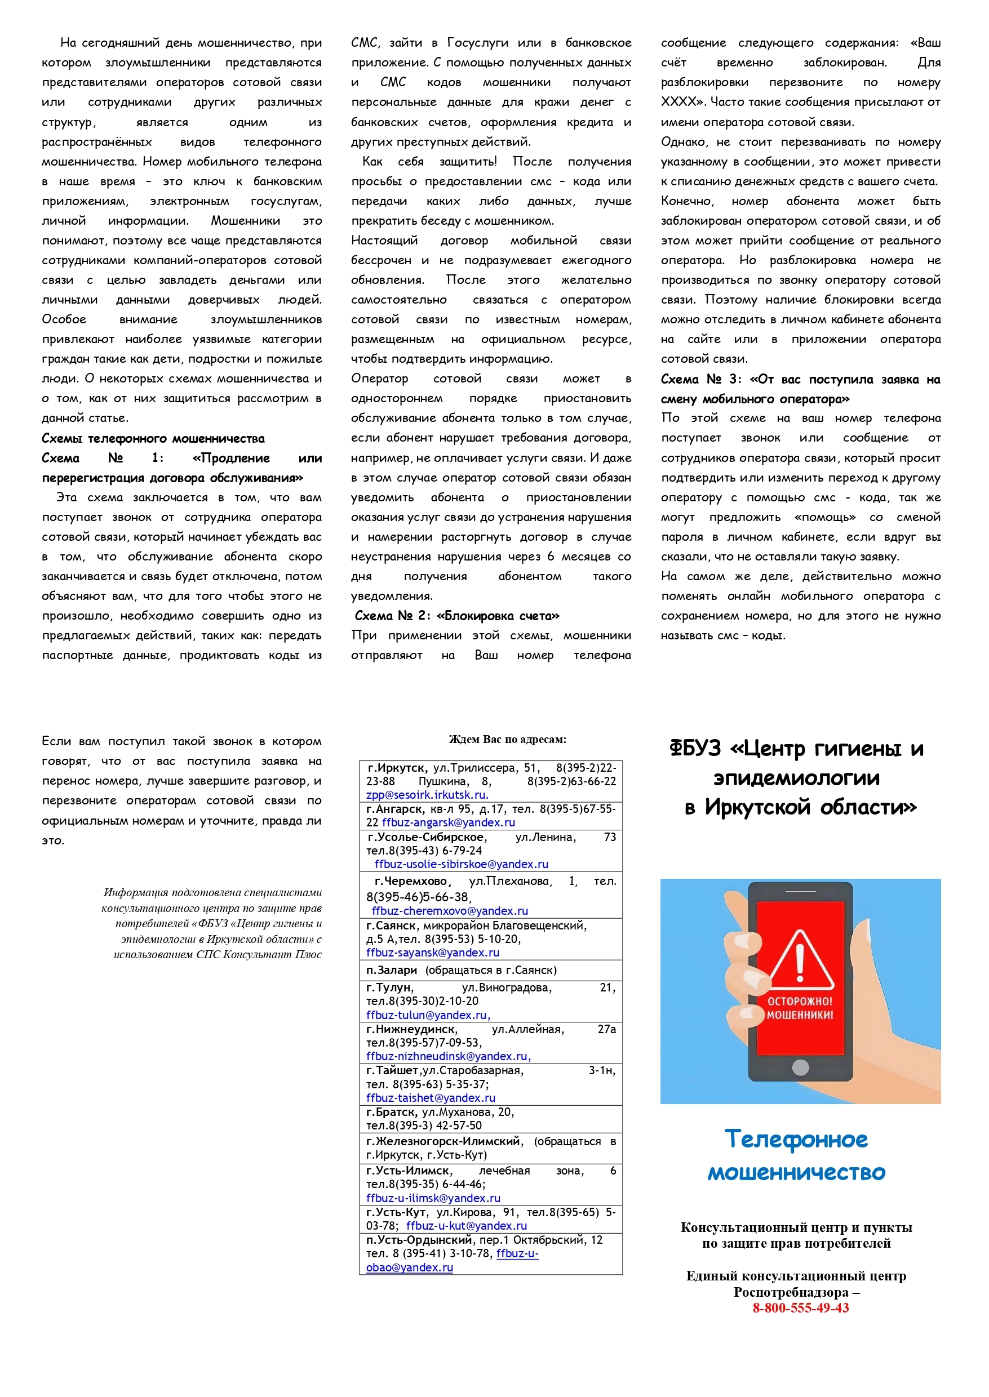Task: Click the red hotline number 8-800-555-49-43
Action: tap(800, 1308)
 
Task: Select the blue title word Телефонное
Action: tap(796, 1140)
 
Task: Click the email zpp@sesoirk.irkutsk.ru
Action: tap(427, 795)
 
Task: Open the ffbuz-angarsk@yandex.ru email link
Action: tap(448, 822)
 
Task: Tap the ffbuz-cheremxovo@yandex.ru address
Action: tap(450, 911)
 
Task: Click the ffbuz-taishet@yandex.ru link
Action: tap(431, 1097)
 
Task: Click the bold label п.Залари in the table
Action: tap(392, 969)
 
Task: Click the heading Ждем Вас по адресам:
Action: tap(507, 740)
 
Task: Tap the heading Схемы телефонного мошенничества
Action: tap(153, 438)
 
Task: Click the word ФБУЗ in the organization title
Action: tap(695, 748)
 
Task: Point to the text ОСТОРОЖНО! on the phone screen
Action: tap(800, 1002)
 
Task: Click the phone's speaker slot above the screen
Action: tap(800, 891)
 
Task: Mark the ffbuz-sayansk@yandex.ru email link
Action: tap(432, 953)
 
